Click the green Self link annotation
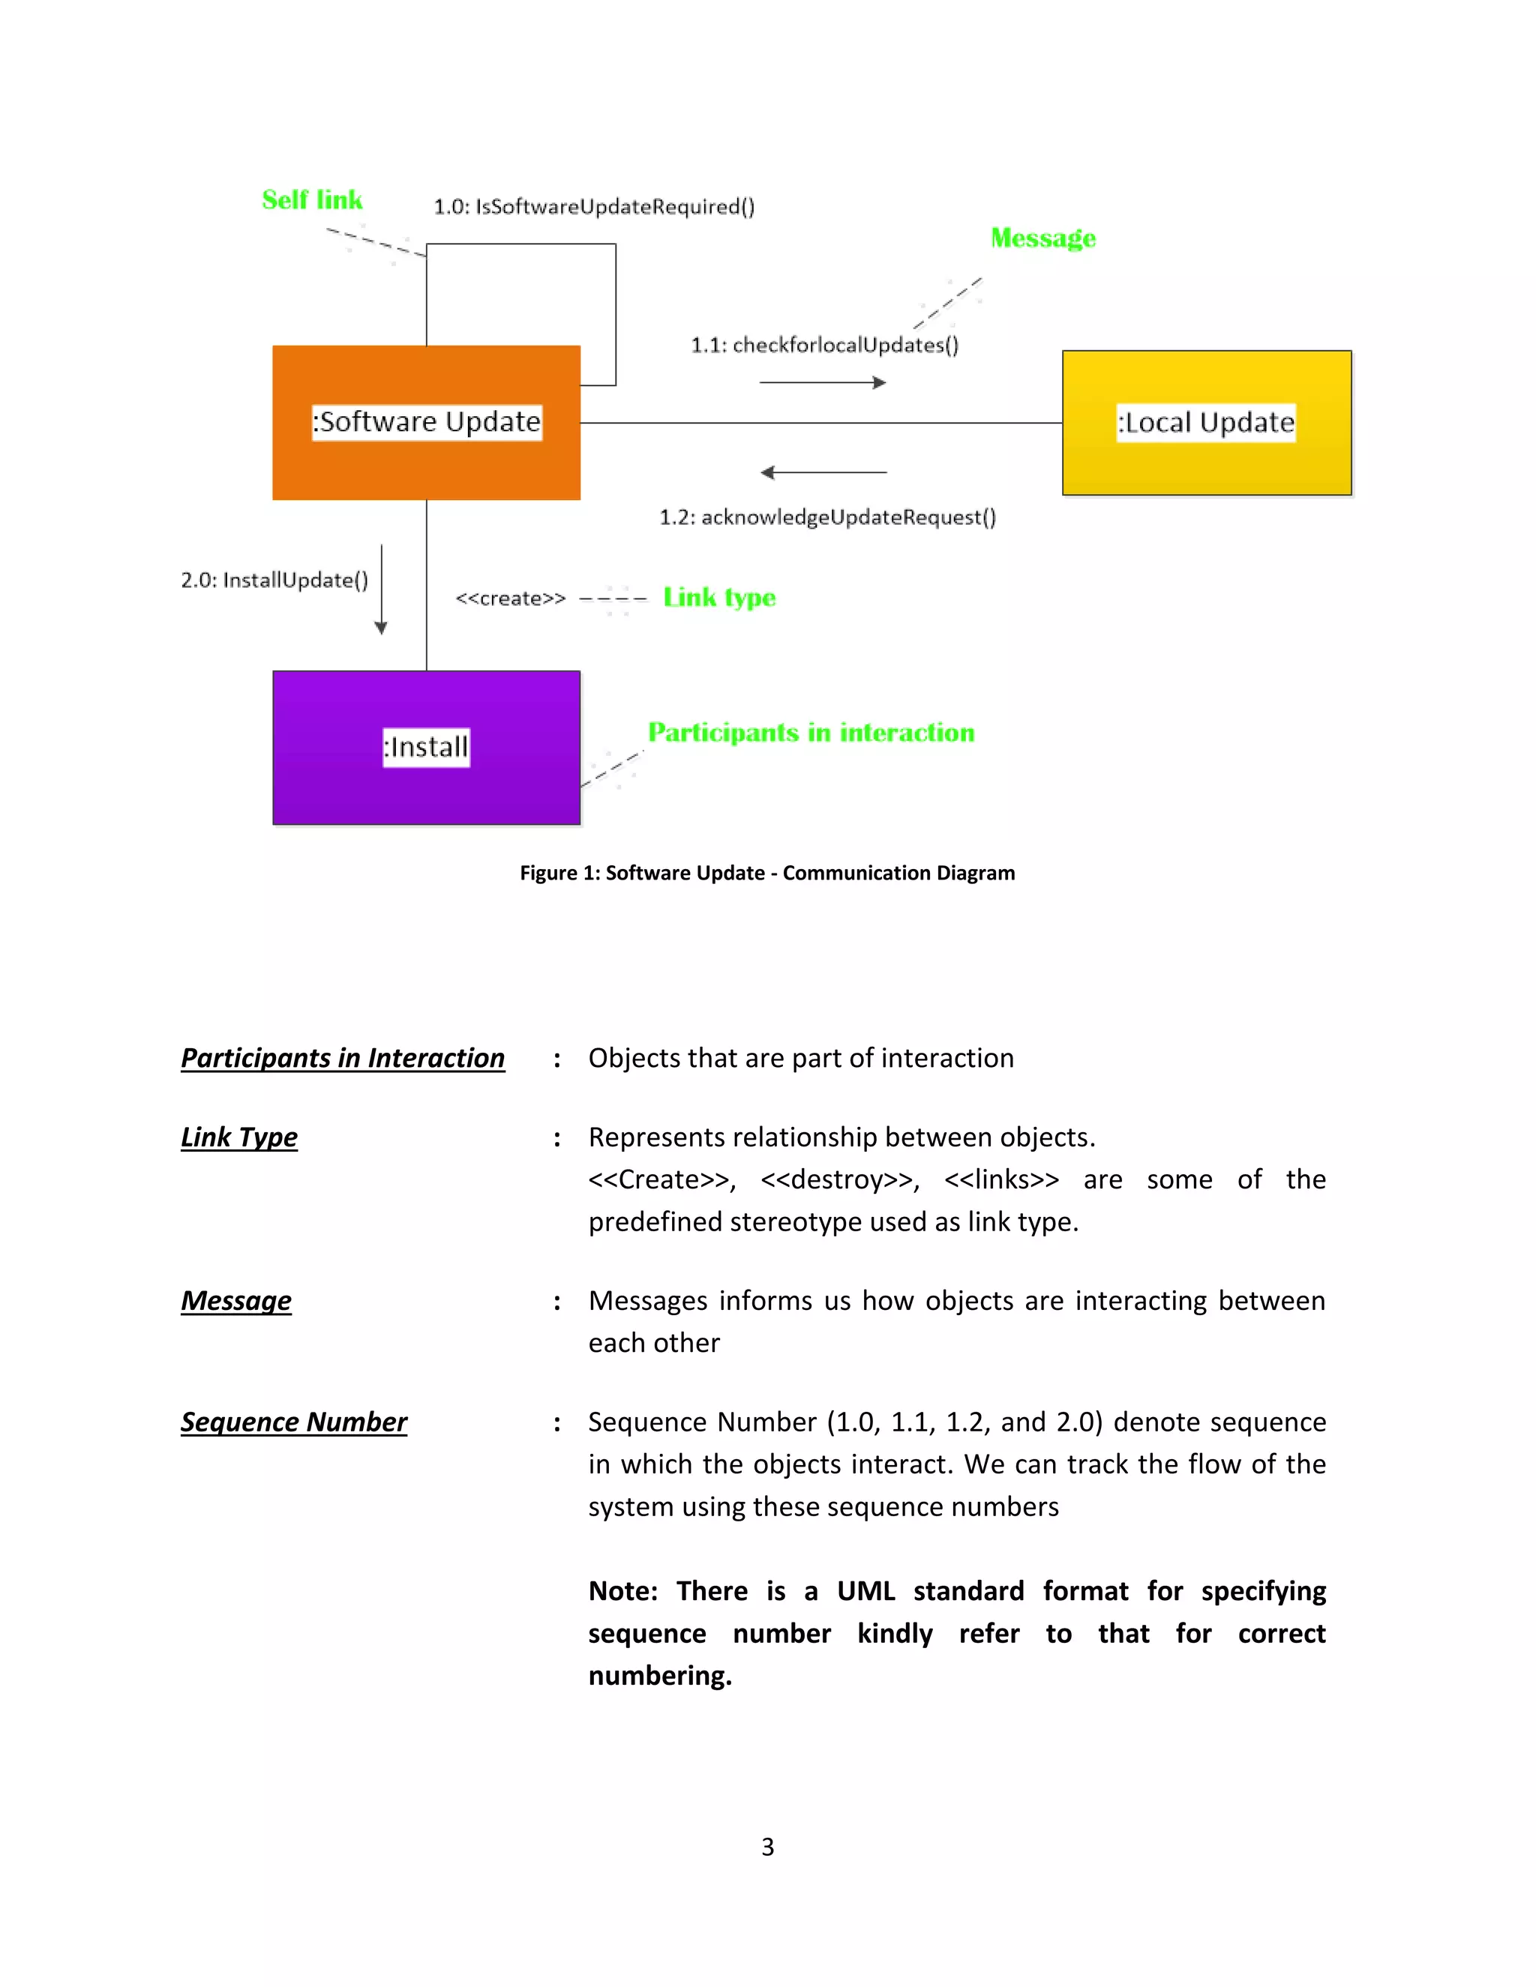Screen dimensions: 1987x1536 (x=312, y=200)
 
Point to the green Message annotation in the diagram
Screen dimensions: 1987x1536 (x=1042, y=238)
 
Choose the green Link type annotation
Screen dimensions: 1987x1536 (x=718, y=598)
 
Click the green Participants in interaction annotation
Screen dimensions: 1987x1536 (x=811, y=733)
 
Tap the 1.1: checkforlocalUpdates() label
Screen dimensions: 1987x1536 (x=824, y=346)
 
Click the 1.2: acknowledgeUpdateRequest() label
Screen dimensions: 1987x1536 (x=827, y=517)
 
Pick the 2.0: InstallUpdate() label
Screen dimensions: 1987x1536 (x=274, y=580)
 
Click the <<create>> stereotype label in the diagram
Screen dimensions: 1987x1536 (x=511, y=598)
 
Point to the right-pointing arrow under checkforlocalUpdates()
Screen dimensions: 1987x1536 (x=823, y=383)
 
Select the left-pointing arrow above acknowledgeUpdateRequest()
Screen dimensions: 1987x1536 (x=823, y=472)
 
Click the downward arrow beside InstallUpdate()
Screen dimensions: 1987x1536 (x=381, y=589)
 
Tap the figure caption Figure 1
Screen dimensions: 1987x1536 (x=767, y=874)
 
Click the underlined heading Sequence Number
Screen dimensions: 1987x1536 (x=294, y=1422)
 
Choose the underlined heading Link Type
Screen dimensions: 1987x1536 (x=239, y=1137)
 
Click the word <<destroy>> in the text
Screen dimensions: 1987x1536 (x=840, y=1180)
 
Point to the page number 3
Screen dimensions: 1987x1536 (x=768, y=1847)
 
